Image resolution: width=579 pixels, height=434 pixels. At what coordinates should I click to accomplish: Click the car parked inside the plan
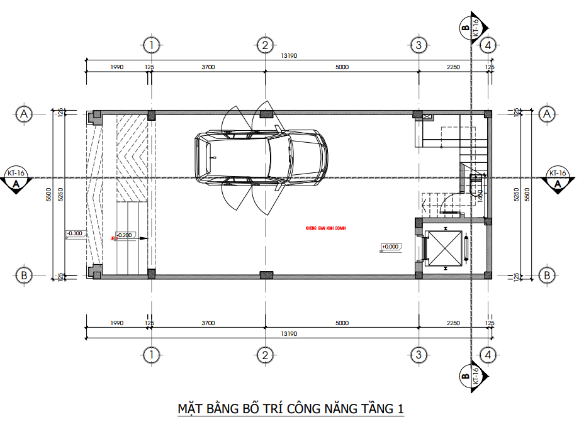(261, 158)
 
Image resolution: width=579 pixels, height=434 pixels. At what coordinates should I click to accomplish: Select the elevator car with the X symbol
(444, 249)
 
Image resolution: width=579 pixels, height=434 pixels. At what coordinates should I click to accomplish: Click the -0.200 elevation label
(124, 235)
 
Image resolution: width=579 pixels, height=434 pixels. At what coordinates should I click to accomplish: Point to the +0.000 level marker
(391, 247)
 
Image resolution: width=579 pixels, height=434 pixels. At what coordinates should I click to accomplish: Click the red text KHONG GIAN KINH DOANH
(326, 228)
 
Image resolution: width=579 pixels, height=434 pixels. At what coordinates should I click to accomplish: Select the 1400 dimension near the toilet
(480, 194)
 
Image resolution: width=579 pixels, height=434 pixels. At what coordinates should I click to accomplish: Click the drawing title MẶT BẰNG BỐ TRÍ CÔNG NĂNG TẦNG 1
(290, 409)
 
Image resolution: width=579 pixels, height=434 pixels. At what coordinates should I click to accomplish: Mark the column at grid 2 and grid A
(266, 114)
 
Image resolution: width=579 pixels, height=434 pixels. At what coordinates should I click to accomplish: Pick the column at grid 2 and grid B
(266, 274)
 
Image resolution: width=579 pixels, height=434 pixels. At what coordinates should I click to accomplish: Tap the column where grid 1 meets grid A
(151, 115)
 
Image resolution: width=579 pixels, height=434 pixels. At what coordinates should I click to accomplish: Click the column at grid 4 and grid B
(488, 274)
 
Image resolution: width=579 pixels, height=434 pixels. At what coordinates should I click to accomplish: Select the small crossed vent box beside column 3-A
(428, 116)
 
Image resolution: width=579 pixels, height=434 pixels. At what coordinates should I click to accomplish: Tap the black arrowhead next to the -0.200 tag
(143, 238)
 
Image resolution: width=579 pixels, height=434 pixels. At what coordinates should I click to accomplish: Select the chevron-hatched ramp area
(132, 157)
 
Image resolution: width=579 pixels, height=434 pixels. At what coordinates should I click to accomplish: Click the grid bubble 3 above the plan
(418, 45)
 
